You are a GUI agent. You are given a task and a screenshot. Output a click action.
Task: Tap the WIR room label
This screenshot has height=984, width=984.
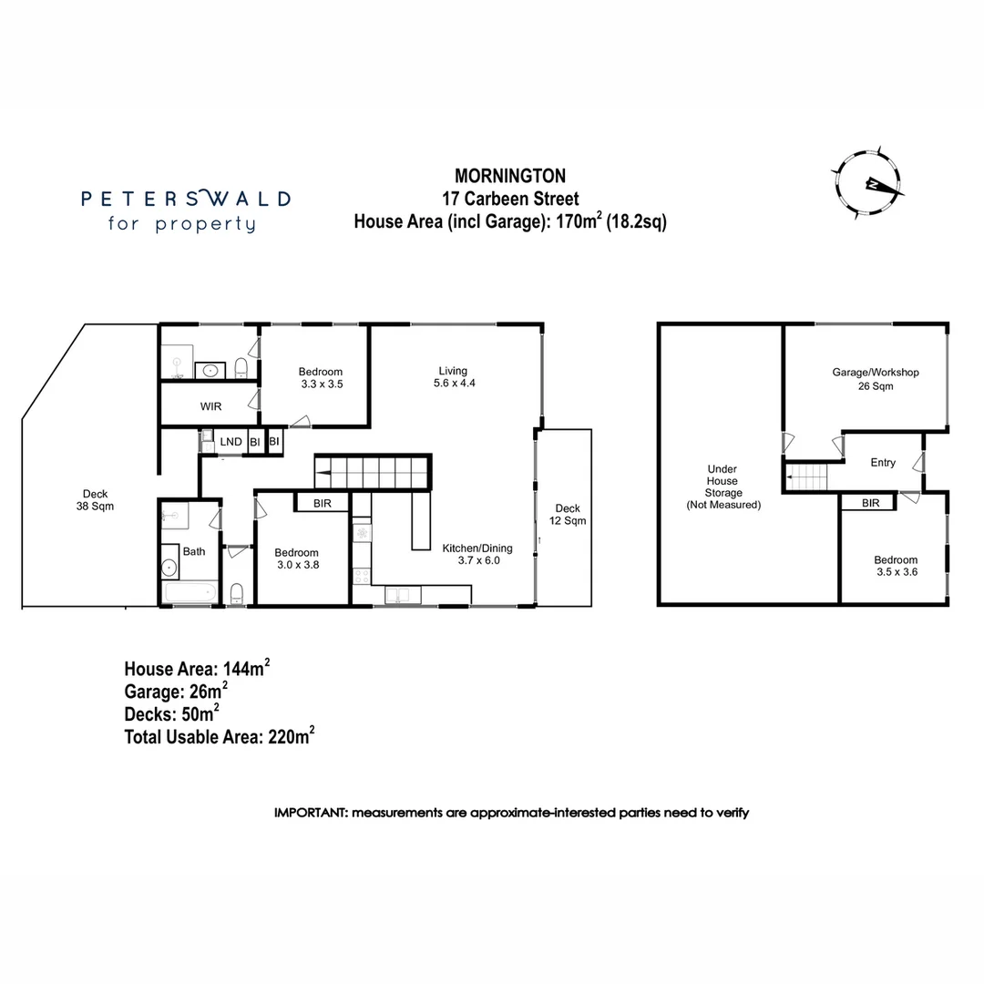point(211,406)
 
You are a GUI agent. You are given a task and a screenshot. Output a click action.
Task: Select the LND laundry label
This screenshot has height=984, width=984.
point(231,442)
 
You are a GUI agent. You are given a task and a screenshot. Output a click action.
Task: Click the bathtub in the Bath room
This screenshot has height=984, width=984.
point(190,594)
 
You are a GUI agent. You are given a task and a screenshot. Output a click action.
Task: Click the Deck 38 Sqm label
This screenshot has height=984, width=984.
point(95,499)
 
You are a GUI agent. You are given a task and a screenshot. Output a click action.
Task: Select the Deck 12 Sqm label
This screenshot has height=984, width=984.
point(567,515)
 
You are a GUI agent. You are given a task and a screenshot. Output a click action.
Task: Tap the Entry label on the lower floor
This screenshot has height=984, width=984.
point(882,463)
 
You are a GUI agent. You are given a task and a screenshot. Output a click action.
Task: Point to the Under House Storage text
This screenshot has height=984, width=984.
point(723,487)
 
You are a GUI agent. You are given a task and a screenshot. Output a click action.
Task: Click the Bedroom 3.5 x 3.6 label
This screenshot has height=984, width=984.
point(896,567)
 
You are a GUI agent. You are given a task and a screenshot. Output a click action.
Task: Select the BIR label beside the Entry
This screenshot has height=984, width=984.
point(870,503)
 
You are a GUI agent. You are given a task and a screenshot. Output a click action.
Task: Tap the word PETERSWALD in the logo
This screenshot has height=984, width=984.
point(186,198)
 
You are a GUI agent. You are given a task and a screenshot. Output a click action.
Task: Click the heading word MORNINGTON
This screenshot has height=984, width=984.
point(510,175)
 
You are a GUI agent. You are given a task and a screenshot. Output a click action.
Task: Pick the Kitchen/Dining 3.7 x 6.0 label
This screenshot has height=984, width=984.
point(477,555)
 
